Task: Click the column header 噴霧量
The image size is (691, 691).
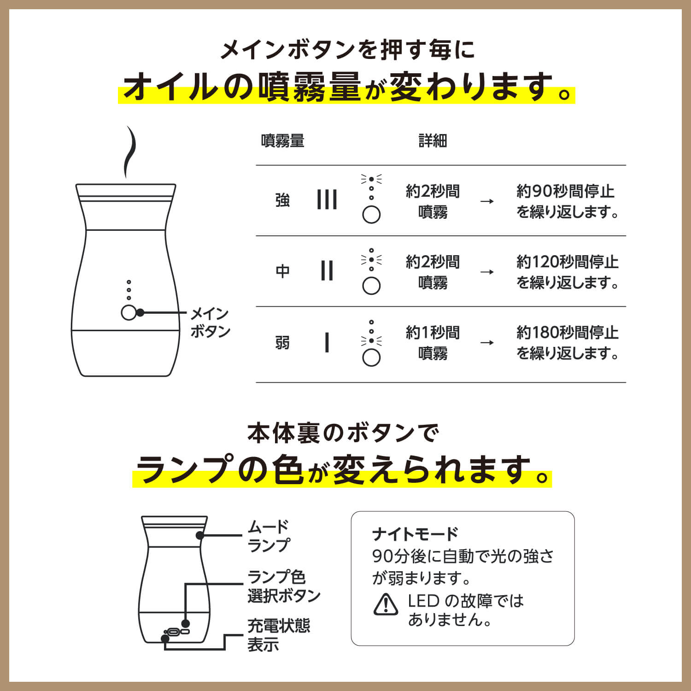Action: click(x=282, y=141)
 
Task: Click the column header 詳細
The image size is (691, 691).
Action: click(x=433, y=141)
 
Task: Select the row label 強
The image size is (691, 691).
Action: click(x=282, y=200)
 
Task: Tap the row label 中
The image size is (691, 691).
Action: click(x=282, y=271)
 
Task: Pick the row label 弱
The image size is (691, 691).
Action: click(x=282, y=343)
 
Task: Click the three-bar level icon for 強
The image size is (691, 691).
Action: click(x=327, y=200)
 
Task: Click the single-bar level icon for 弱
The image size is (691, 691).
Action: click(x=327, y=343)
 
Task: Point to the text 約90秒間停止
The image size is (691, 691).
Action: click(x=565, y=191)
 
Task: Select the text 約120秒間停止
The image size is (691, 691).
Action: click(x=567, y=262)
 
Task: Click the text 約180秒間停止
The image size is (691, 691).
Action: click(x=567, y=332)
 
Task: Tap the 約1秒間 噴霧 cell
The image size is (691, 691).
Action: click(x=433, y=343)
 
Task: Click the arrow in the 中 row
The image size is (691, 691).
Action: click(x=487, y=272)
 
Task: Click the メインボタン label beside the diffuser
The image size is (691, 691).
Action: click(x=210, y=322)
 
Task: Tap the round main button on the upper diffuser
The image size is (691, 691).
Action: click(x=129, y=313)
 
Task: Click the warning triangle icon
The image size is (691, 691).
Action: click(x=386, y=605)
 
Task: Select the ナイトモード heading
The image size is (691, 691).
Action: click(x=415, y=534)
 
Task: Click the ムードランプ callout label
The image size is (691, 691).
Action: click(x=269, y=536)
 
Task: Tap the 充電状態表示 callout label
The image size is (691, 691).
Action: click(x=278, y=635)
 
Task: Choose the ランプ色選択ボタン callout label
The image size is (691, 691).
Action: click(x=283, y=586)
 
